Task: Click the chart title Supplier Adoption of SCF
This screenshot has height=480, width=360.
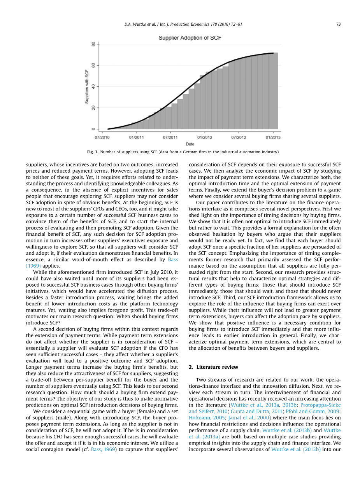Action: (x=190, y=38)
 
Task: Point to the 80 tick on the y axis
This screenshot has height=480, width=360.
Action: (x=93, y=44)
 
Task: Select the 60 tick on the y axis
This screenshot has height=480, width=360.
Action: (x=93, y=65)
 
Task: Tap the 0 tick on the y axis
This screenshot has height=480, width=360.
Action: (x=93, y=129)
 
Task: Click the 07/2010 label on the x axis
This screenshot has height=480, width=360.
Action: (x=102, y=137)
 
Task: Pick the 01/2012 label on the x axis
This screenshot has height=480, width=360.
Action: (x=205, y=137)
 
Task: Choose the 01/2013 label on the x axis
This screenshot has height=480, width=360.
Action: (x=273, y=137)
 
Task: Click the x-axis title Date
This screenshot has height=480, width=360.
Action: (x=190, y=144)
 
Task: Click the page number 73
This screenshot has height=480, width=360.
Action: (x=338, y=24)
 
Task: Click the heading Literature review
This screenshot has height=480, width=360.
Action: (x=217, y=367)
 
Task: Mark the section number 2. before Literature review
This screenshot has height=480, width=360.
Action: (x=191, y=367)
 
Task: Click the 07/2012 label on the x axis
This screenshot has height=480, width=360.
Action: (x=239, y=137)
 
